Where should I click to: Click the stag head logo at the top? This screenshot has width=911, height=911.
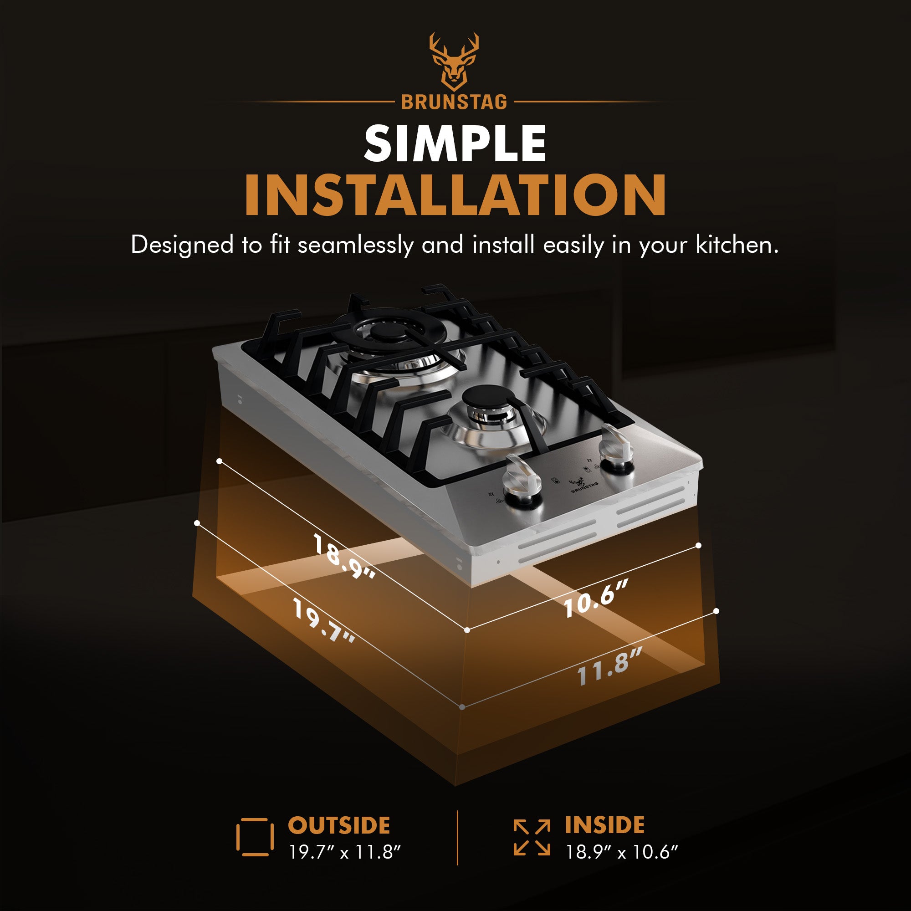[454, 62]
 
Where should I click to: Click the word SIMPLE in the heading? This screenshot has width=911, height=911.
[455, 143]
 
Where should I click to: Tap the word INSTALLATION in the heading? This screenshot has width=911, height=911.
[455, 195]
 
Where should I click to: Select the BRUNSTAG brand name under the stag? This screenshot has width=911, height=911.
[454, 102]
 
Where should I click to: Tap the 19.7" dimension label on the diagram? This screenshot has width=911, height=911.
[323, 620]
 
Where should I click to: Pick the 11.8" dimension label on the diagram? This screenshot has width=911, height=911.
[609, 666]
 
